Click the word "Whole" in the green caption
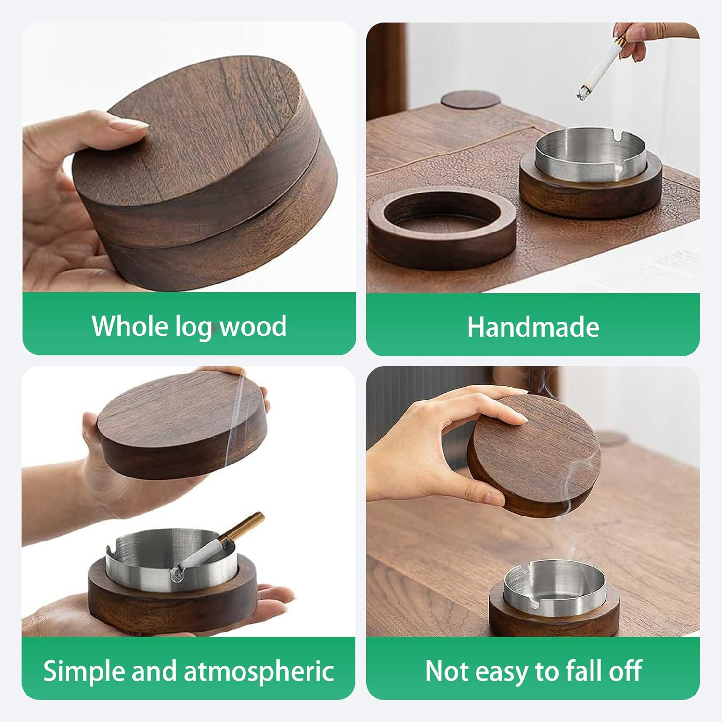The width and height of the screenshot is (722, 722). tap(129, 326)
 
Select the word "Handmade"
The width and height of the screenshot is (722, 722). tap(533, 327)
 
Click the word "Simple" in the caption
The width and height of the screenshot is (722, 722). tap(84, 671)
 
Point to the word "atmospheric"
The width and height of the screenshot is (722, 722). tap(259, 671)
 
